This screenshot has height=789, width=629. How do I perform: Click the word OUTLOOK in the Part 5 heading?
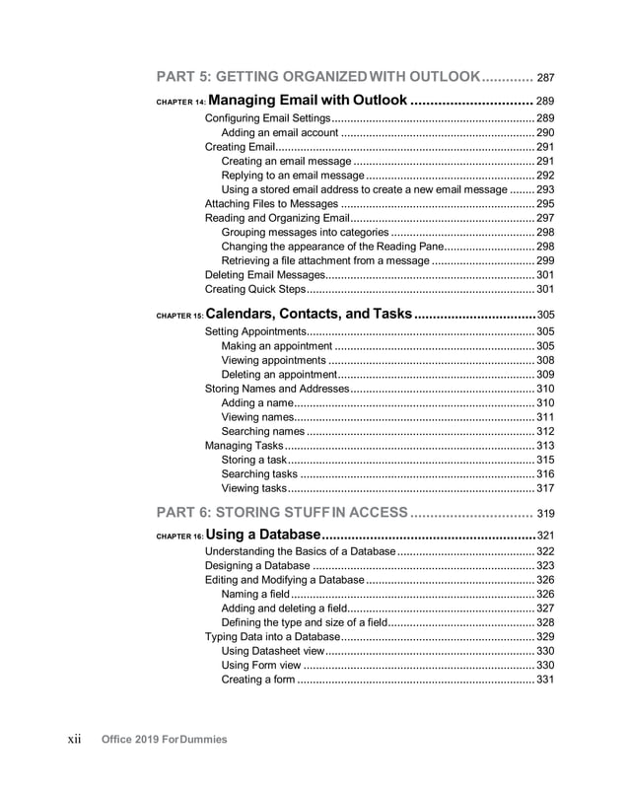coord(438,77)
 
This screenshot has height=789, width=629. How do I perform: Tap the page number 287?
coord(545,78)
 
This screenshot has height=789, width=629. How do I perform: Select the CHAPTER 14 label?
coord(180,102)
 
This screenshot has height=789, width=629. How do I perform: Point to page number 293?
coord(545,189)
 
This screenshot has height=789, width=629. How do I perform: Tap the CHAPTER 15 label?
coord(180,316)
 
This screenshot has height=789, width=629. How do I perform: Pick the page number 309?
coord(545,375)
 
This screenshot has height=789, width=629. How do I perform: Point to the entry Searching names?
coord(263,432)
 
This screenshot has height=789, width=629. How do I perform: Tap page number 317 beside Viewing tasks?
coord(545,488)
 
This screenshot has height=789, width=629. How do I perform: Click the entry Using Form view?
coord(261,666)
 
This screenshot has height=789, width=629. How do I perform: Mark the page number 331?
coord(545,680)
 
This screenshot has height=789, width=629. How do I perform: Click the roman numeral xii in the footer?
coord(74,739)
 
